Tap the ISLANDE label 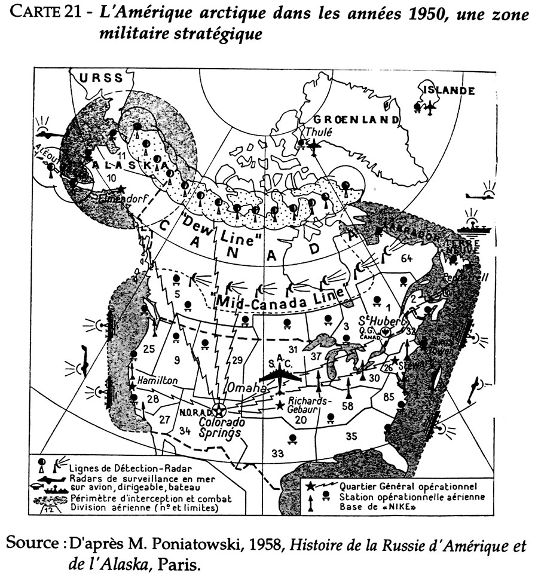(450, 91)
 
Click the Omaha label (244, 388)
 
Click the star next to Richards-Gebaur (280, 405)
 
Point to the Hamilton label (157, 379)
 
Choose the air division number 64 (407, 258)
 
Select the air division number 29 (237, 359)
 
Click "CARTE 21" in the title (47, 15)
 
